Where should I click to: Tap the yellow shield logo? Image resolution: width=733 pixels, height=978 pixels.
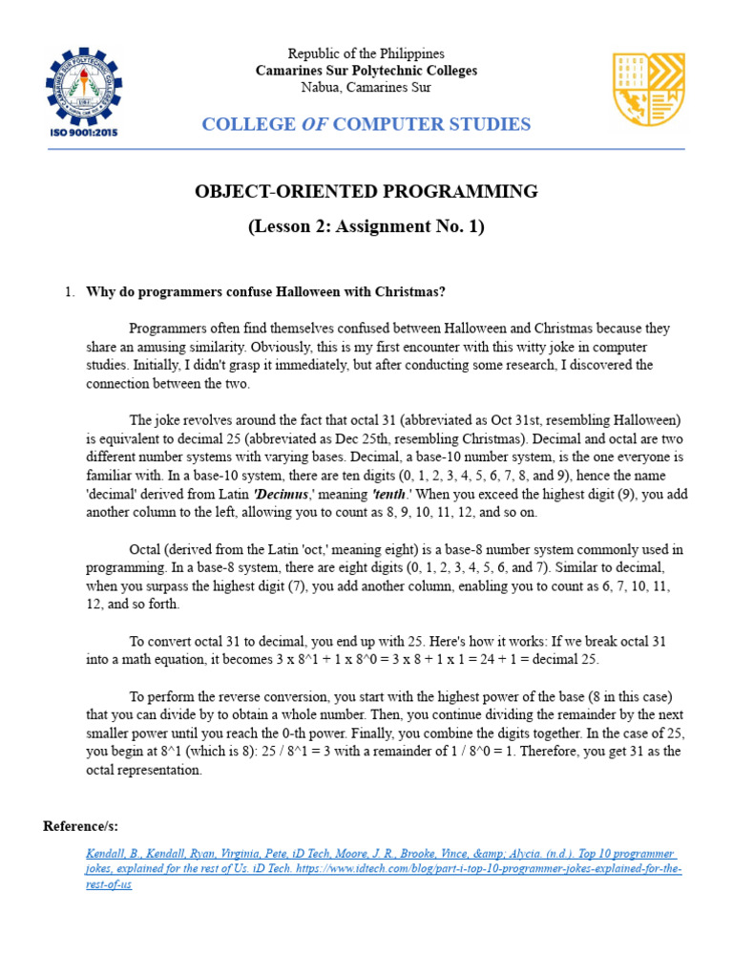647,89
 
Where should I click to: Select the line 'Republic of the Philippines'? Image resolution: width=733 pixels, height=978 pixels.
366,53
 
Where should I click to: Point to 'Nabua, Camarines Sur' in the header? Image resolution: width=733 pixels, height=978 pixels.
366,88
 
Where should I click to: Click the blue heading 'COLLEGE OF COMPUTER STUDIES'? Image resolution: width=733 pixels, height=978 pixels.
366,124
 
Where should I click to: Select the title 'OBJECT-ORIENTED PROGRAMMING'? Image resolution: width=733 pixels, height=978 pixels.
366,192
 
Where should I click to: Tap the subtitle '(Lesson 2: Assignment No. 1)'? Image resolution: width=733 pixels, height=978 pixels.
366,226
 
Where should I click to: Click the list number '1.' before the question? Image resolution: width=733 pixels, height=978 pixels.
70,291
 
